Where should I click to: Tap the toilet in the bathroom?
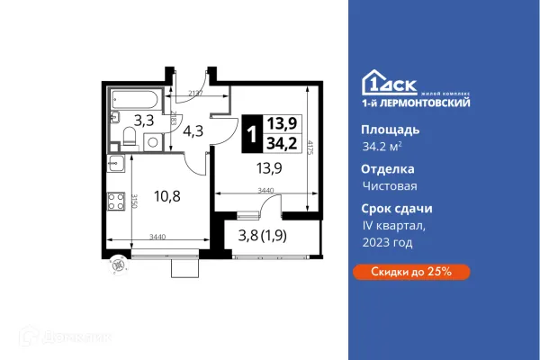click(x=129, y=137)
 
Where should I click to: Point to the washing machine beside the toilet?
click(x=151, y=140)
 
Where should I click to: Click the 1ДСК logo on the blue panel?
click(x=388, y=80)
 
